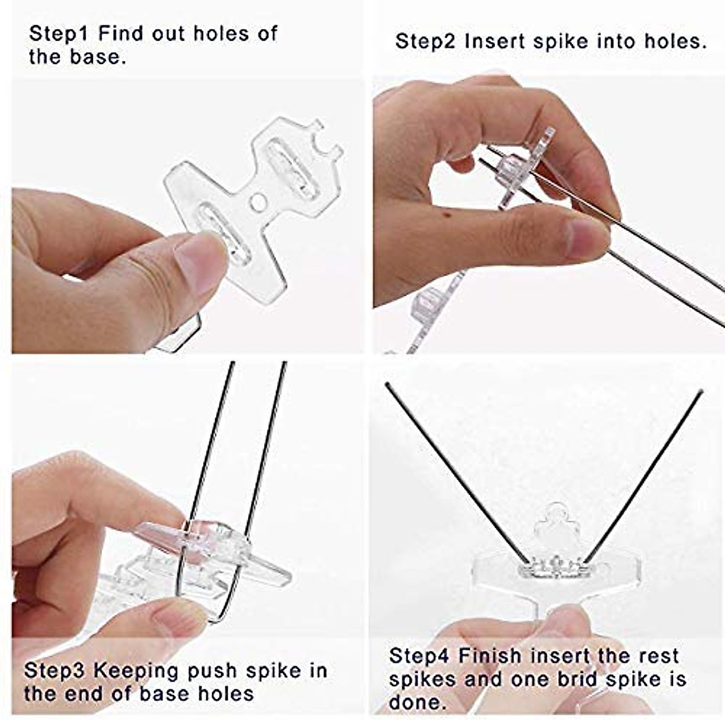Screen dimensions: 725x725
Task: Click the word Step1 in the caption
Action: pos(59,33)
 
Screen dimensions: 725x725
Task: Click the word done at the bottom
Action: pos(414,702)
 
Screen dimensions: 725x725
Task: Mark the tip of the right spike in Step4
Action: pos(701,391)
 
